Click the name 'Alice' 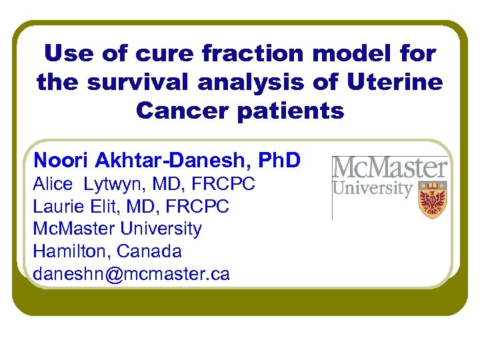point(52,184)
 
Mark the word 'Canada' point(150,252)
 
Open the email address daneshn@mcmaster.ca point(131,275)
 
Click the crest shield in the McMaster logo point(431,199)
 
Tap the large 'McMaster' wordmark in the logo point(390,167)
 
